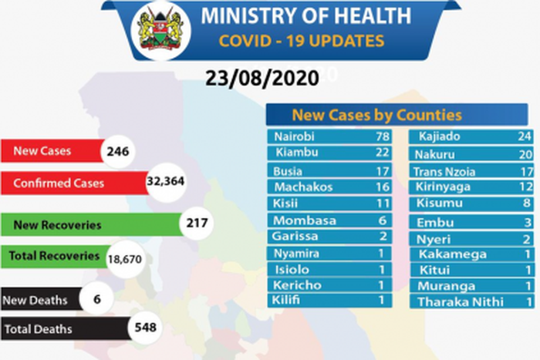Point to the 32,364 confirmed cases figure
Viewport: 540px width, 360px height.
click(165, 183)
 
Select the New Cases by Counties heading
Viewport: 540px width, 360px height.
click(376, 116)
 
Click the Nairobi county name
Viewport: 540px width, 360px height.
click(295, 137)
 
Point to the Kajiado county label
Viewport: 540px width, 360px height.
click(440, 137)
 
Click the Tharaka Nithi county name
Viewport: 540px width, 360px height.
click(460, 301)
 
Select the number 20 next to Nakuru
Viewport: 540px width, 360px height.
click(524, 154)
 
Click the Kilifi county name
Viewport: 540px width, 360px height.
click(288, 300)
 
